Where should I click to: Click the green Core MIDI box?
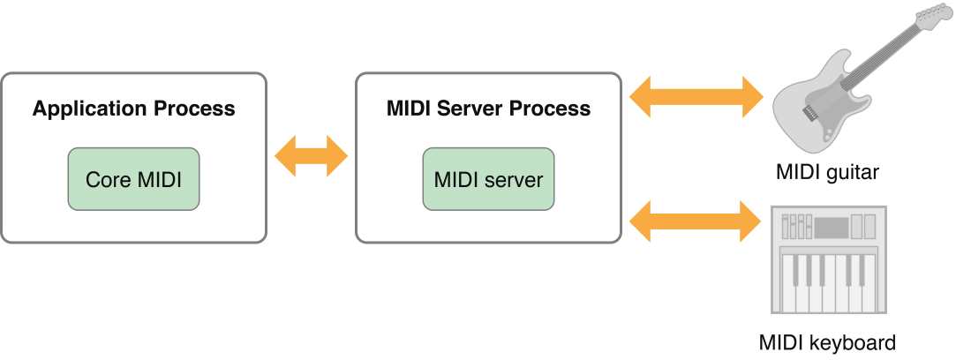(x=133, y=179)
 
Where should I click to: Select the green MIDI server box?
(x=488, y=179)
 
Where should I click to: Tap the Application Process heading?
(x=133, y=109)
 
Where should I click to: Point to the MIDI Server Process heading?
(x=488, y=109)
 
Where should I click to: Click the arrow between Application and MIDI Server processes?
(x=312, y=157)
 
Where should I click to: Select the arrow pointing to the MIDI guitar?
(x=696, y=96)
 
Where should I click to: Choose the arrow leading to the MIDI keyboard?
(x=696, y=221)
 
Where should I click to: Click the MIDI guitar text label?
(x=826, y=172)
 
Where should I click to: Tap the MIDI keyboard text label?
(x=827, y=342)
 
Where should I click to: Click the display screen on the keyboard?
(x=831, y=227)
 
